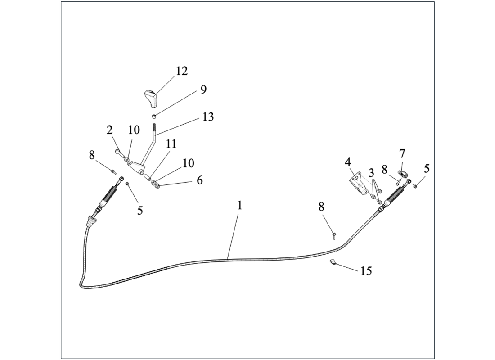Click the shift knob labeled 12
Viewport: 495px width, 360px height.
pyautogui.click(x=151, y=98)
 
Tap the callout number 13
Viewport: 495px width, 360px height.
pyautogui.click(x=208, y=117)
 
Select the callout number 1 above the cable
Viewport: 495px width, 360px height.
pyautogui.click(x=239, y=206)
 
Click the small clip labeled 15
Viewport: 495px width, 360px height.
pyautogui.click(x=332, y=262)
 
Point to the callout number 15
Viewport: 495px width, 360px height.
pyautogui.click(x=366, y=271)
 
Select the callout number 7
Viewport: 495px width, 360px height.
pyautogui.click(x=401, y=154)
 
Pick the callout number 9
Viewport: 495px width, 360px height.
pyautogui.click(x=203, y=90)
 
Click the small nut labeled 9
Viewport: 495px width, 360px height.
pyautogui.click(x=154, y=116)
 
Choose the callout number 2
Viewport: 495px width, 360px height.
pyautogui.click(x=109, y=130)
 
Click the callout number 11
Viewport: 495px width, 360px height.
pyautogui.click(x=171, y=144)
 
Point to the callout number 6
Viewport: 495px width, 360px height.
pyautogui.click(x=199, y=180)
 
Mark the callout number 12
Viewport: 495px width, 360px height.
pyautogui.click(x=181, y=71)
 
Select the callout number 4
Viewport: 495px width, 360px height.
pyautogui.click(x=347, y=162)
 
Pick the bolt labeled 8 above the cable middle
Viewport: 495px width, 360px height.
pyautogui.click(x=334, y=236)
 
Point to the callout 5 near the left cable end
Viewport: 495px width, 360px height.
pyautogui.click(x=140, y=210)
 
